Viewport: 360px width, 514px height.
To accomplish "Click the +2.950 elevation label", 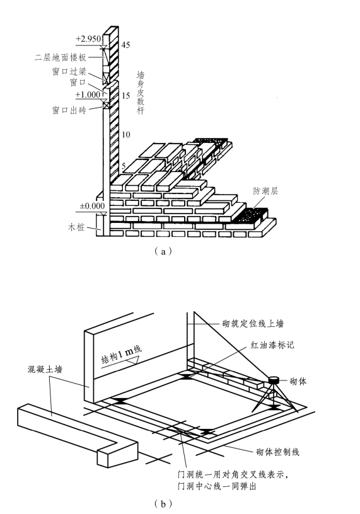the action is [88, 39].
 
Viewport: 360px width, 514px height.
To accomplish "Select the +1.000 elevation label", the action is [88, 94].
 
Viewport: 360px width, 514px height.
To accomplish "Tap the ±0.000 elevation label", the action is [92, 206].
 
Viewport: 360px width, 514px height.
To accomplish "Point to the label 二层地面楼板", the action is [61, 58].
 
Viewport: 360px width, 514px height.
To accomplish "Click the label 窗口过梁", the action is [69, 71].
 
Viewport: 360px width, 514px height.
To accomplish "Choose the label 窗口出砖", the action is [69, 110].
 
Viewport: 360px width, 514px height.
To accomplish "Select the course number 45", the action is [125, 45].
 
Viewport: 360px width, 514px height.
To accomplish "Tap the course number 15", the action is [125, 96].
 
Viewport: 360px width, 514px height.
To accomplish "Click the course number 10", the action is [125, 134].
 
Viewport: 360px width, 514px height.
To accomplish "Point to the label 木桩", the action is [76, 227].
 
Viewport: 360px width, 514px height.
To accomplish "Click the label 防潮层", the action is [265, 191].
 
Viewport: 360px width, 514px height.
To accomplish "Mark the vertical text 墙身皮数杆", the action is [141, 93].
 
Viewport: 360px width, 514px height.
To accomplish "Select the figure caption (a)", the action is [163, 251].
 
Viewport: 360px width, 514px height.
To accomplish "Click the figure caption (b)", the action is [163, 503].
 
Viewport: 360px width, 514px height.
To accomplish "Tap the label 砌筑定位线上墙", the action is [253, 324].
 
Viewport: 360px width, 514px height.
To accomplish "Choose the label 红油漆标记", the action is [272, 345].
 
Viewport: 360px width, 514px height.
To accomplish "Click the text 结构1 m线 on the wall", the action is [122, 354].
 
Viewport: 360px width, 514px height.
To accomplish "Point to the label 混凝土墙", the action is [45, 369].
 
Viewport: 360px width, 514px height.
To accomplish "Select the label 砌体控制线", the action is [277, 452].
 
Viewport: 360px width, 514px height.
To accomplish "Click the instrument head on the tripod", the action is [274, 380].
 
